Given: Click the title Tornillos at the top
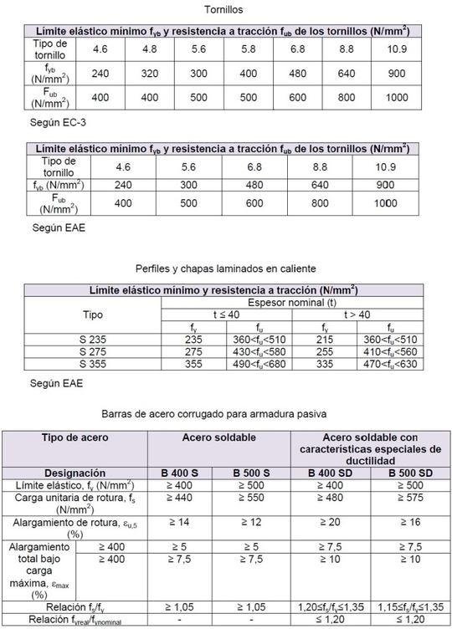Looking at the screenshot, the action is pyautogui.click(x=225, y=10).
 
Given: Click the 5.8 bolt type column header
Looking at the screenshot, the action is pyautogui.click(x=249, y=49).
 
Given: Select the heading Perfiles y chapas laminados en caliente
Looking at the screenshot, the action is pyautogui.click(x=225, y=269).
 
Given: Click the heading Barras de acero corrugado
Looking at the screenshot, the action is pyautogui.click(x=225, y=413).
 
